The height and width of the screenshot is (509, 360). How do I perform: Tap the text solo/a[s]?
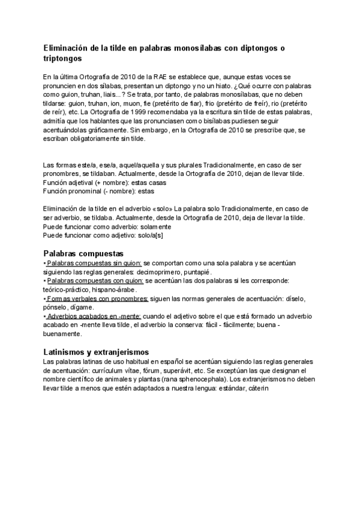pyautogui.click(x=151, y=235)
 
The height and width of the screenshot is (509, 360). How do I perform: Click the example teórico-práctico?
pyautogui.click(x=64, y=289)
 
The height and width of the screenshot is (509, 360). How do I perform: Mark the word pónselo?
pyautogui.click(x=56, y=307)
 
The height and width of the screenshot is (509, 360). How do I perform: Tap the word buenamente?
pyautogui.click(x=62, y=333)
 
